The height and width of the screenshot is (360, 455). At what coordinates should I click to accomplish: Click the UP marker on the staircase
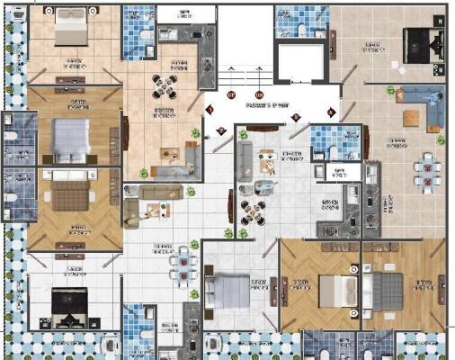point(231,94)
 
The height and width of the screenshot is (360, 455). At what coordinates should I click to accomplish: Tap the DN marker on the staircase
point(259,94)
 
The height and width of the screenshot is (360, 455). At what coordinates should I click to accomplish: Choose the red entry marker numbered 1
point(210,110)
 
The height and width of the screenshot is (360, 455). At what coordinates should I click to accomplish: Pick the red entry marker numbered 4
point(331,112)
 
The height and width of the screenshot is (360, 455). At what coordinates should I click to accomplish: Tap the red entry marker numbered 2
point(221,131)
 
